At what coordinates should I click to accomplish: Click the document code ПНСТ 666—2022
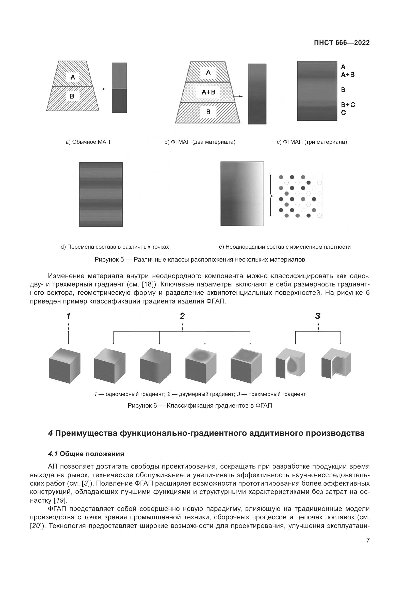coord(341,43)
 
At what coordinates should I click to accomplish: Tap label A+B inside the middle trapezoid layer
coord(208,92)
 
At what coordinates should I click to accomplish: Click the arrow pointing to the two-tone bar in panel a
coord(102,89)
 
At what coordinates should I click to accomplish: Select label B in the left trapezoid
coord(72,96)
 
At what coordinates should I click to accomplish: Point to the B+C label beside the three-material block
coord(348,105)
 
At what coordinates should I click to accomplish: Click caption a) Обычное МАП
coord(88,142)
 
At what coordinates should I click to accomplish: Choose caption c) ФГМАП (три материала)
coord(312,142)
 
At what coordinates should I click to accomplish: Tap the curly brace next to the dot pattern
coord(270,195)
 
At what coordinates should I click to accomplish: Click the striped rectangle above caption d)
coord(101,195)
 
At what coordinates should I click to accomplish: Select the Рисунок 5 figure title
coord(200,260)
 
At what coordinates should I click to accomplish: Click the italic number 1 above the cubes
coord(69,316)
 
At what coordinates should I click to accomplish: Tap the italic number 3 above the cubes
coord(318,316)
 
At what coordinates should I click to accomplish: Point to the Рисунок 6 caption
coord(200,405)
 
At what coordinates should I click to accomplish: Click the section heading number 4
coord(51,433)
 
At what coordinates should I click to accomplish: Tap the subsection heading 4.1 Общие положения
coord(86,454)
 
